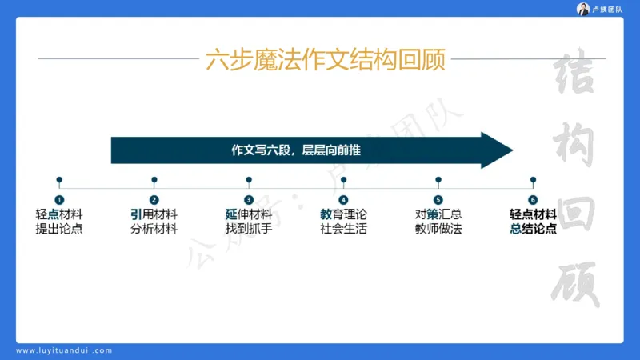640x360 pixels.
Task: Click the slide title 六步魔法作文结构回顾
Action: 325,59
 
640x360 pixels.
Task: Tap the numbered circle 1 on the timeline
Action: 59,200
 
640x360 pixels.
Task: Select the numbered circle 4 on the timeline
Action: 343,200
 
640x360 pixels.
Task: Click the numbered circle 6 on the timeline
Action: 533,200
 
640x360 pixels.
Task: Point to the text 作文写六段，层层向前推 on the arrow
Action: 300,150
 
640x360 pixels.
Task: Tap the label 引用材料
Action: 154,214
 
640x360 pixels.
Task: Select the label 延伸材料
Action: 248,214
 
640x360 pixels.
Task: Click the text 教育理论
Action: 343,214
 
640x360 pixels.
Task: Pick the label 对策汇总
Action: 438,214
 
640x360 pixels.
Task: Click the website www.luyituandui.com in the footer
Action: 64,350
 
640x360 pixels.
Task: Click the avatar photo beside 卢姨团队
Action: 584,9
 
